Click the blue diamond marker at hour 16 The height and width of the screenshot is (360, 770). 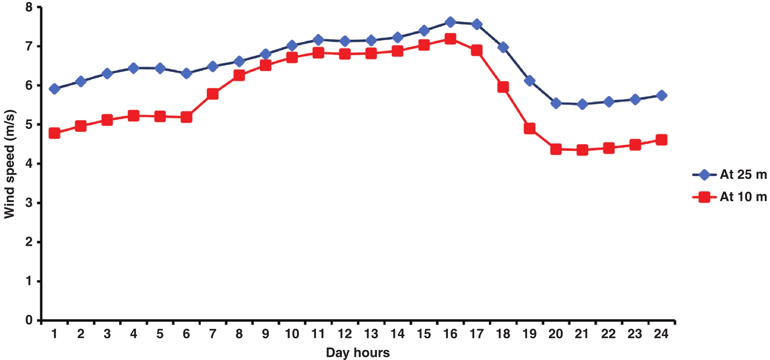[450, 22]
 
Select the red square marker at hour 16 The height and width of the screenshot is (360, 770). [450, 39]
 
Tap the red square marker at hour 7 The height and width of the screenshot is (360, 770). [212, 94]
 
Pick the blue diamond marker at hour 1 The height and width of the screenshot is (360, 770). [55, 89]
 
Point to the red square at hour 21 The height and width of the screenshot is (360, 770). [582, 150]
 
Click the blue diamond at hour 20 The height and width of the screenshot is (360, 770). [556, 103]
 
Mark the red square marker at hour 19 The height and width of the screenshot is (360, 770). [529, 129]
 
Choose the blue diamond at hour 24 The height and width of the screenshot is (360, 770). [661, 95]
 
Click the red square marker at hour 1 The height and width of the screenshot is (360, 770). [55, 133]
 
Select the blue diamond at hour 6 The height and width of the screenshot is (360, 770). [186, 74]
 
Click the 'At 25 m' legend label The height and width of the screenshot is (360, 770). [743, 174]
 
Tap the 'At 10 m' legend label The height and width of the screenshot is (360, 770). [743, 197]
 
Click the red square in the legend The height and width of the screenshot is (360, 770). [704, 197]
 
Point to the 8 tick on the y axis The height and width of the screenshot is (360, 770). [29, 7]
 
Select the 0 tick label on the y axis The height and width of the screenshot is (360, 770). [29, 320]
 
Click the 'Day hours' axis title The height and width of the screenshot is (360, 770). [358, 352]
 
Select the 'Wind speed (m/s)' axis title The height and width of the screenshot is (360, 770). [10, 164]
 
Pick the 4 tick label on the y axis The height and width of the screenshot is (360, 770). [29, 164]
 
